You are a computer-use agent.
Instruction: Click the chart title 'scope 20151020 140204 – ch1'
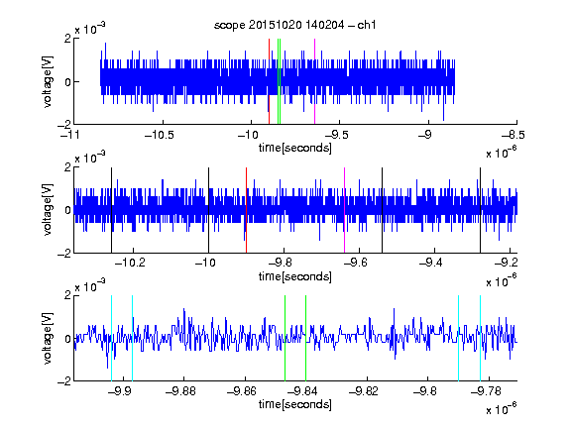tap(294, 25)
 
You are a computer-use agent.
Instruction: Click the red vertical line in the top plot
tap(269, 81)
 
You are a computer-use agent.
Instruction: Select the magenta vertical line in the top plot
tap(314, 81)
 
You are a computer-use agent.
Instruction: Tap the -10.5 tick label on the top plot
tap(160, 135)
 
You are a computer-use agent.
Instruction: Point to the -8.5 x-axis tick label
tap(514, 135)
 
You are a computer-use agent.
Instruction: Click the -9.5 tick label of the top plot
tap(336, 135)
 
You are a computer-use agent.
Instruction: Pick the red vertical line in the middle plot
tap(247, 210)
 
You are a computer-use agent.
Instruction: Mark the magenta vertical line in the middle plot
tap(345, 210)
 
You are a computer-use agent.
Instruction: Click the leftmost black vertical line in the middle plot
tap(112, 210)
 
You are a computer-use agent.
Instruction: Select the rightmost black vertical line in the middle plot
tap(481, 210)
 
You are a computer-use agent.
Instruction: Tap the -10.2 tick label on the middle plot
tap(130, 263)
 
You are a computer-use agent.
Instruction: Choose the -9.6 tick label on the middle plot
tap(356, 263)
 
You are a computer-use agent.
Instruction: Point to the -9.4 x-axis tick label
tap(431, 263)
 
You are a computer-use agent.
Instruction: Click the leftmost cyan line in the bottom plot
tap(111, 338)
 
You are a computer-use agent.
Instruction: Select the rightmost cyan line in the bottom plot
tap(481, 338)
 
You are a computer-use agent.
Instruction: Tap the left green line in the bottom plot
tap(285, 338)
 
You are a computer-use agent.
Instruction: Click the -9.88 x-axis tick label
tap(180, 391)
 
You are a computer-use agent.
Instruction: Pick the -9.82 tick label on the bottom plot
tap(363, 391)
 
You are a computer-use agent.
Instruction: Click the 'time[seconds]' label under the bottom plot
tap(295, 404)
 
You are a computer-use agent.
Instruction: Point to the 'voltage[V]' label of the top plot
tap(48, 81)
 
